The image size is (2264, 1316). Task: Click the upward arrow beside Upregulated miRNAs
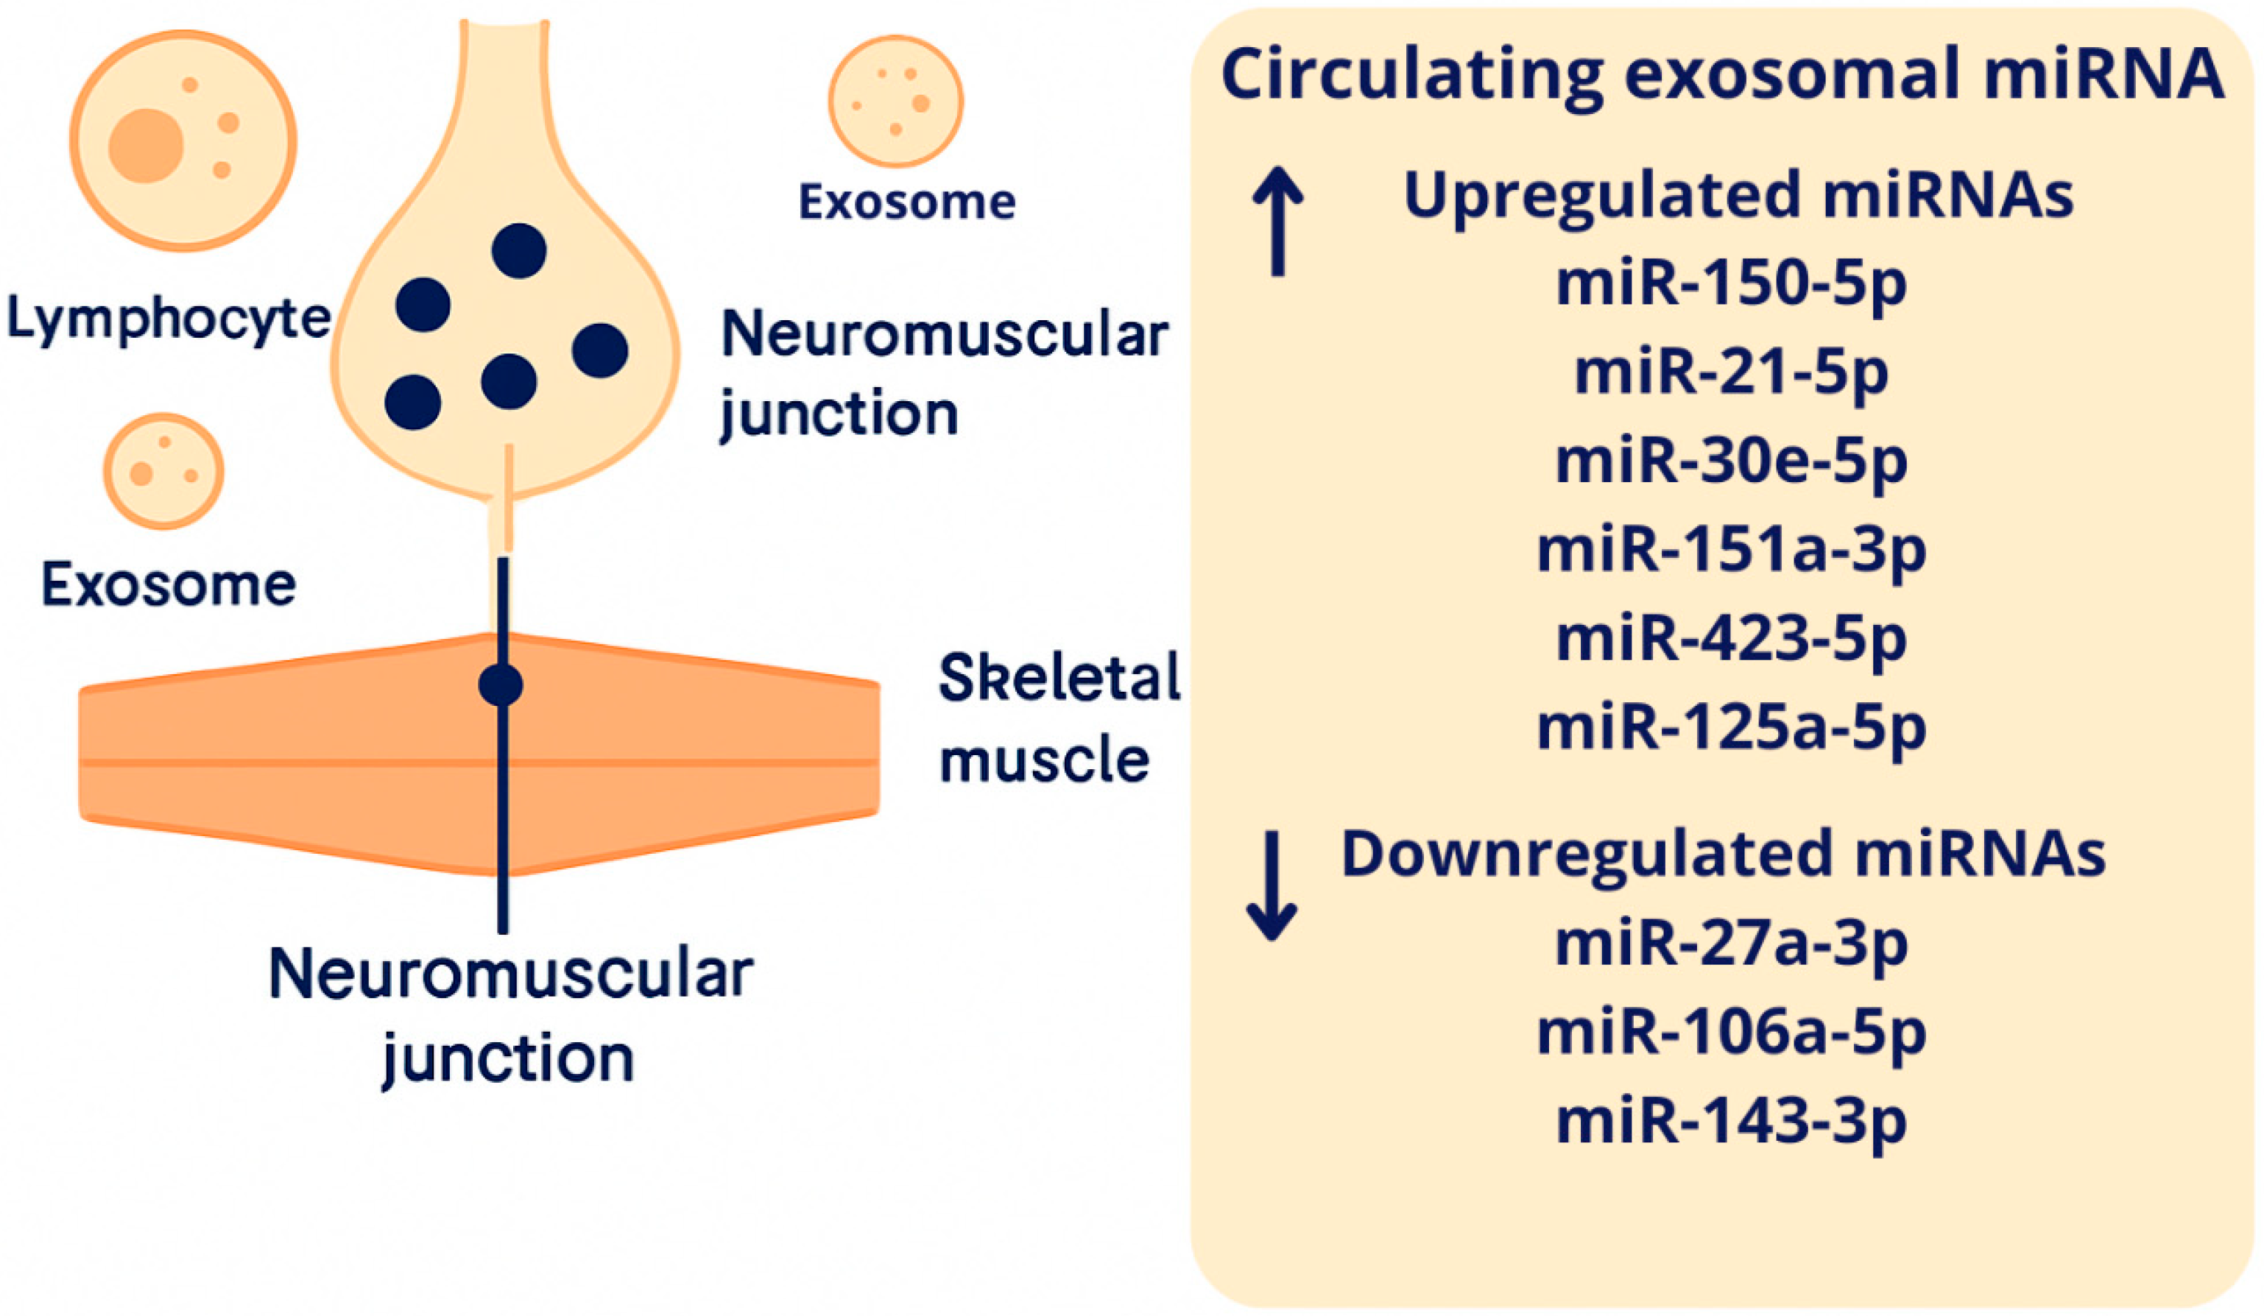tap(1277, 221)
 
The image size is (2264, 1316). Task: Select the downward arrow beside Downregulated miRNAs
tap(1272, 885)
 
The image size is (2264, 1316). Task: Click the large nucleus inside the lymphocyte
tap(146, 146)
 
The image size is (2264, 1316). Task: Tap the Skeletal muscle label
tap(1058, 718)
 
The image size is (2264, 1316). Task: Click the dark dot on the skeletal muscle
tap(501, 685)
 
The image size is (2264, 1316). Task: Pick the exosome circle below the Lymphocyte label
tap(163, 471)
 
